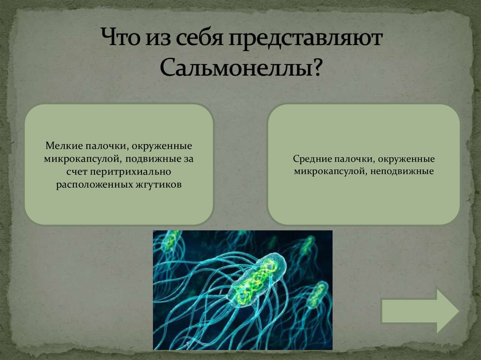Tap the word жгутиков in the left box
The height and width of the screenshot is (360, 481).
(x=161, y=184)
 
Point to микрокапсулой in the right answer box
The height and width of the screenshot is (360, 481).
(x=330, y=172)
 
